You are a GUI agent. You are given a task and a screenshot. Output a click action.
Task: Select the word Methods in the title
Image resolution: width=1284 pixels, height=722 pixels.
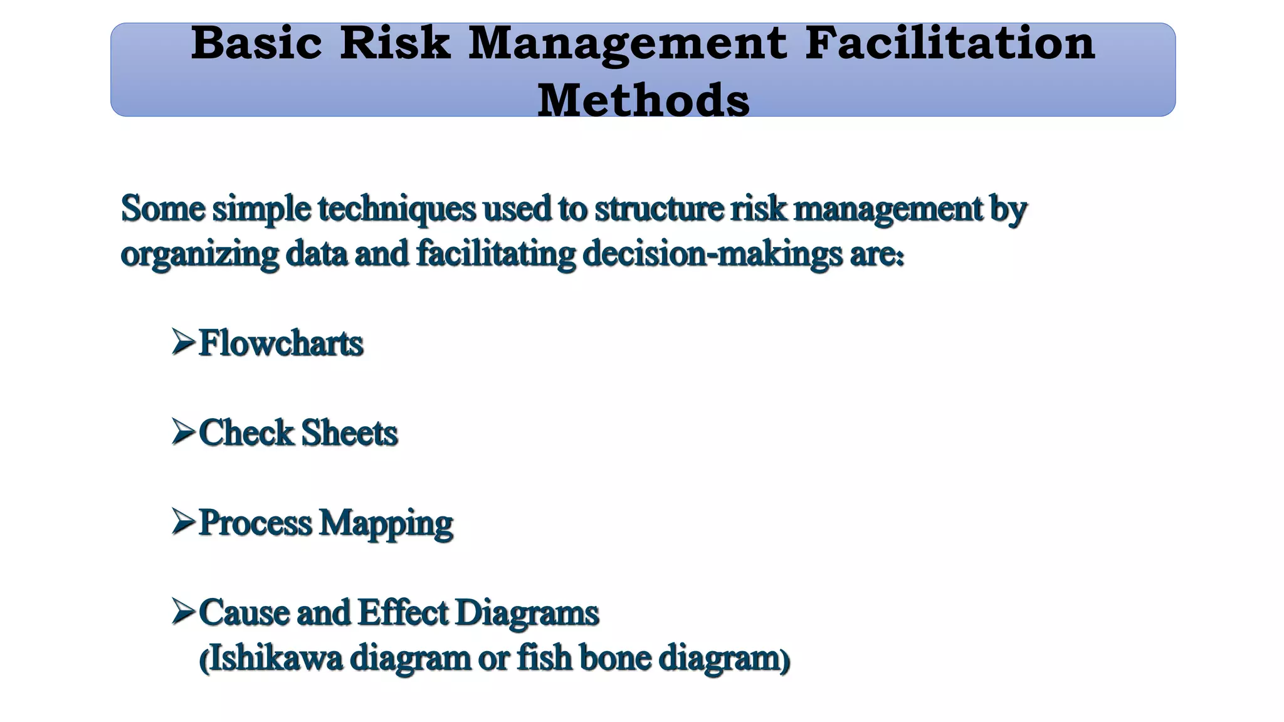pos(643,100)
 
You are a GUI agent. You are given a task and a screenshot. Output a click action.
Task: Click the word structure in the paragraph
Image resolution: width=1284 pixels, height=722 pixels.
pos(658,209)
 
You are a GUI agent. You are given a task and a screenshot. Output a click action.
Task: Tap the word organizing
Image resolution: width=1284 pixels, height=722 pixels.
pos(199,254)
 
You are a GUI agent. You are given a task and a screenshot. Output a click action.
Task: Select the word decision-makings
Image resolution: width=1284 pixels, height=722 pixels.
pos(712,254)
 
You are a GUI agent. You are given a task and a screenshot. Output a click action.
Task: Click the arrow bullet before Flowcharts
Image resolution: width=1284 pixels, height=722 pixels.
pos(183,342)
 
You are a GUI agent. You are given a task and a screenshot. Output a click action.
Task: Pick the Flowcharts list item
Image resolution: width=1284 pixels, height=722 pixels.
pos(281,343)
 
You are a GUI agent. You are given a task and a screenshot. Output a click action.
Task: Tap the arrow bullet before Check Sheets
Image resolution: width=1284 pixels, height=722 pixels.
pos(183,432)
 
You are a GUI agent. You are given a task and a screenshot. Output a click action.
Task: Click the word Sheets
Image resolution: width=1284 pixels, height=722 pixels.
pos(349,433)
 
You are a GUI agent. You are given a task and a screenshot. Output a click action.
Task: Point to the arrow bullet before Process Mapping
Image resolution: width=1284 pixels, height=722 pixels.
pos(183,521)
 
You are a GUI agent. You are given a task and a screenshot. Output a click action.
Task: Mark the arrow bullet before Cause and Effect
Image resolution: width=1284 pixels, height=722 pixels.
pos(183,611)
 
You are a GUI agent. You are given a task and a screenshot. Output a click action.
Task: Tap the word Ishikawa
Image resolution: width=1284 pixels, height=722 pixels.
pos(275,658)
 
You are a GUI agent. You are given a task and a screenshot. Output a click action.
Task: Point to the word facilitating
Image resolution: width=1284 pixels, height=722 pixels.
pos(496,254)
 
